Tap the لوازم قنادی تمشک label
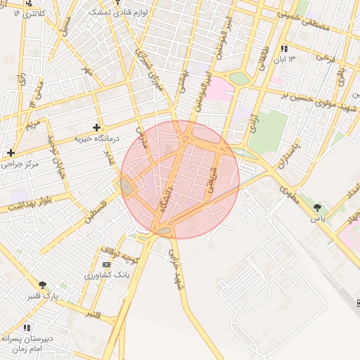tap(117, 13)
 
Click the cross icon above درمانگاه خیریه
tap(97, 127)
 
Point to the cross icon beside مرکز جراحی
tap(11, 153)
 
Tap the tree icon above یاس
tap(318, 207)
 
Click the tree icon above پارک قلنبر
tap(44, 285)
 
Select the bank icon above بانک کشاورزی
tap(106, 264)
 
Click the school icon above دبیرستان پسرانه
tap(27, 327)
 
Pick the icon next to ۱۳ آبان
tap(283, 49)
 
